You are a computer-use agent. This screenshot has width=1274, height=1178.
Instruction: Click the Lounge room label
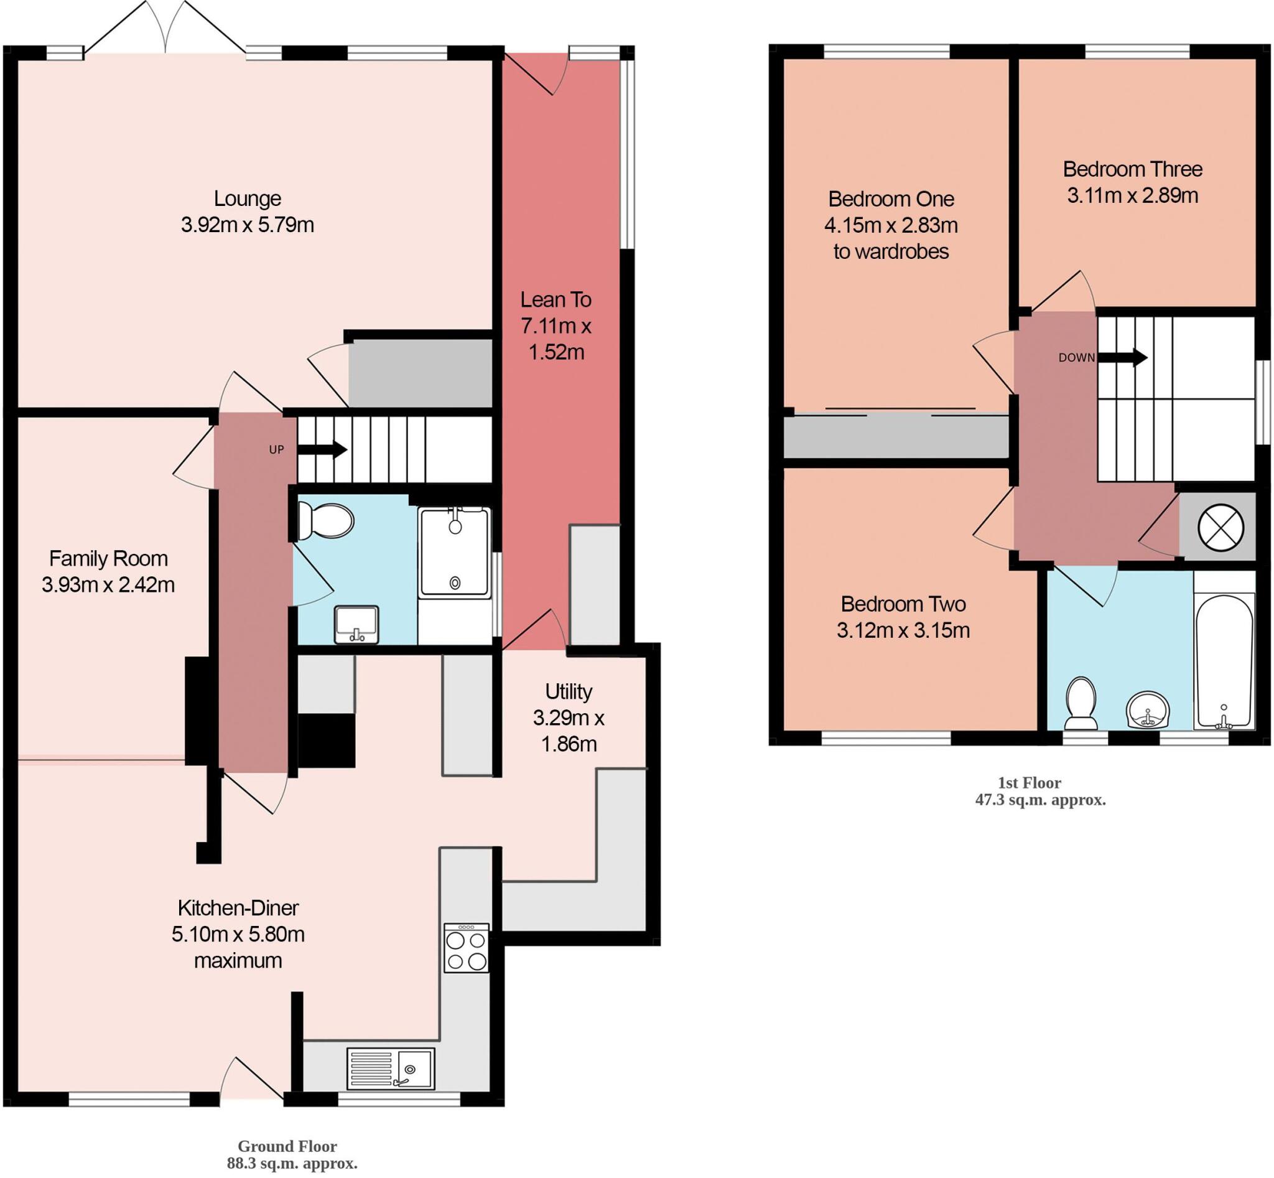coord(248,199)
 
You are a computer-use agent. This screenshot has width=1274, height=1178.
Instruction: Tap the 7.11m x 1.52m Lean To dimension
coord(556,339)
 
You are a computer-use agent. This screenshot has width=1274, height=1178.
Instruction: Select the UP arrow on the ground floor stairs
coord(322,450)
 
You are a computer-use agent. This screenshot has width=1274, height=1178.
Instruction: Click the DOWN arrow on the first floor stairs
coord(1132,358)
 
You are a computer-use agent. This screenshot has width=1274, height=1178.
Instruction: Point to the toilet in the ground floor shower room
coord(326,521)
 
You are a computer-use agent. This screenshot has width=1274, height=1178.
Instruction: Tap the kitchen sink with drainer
coord(391,1068)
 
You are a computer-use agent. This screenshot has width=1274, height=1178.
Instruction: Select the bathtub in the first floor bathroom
coord(1224,661)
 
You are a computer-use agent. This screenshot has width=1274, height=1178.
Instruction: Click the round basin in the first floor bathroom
coord(1148,711)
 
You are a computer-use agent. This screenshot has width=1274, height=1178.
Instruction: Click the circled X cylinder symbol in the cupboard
coord(1221,526)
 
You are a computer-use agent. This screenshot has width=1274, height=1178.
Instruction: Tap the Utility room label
coord(569,691)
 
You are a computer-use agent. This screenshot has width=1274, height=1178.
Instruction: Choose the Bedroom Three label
coord(1133,169)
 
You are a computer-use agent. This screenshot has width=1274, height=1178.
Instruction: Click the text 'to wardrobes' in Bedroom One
coord(891,252)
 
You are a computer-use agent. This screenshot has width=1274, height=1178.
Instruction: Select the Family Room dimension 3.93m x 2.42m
coord(108,584)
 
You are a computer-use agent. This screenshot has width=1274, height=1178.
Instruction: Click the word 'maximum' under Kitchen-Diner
coord(238,960)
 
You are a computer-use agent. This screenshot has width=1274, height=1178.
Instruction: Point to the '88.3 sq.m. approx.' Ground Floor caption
coord(292,1163)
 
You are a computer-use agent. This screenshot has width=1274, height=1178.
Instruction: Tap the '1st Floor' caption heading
coord(1030,783)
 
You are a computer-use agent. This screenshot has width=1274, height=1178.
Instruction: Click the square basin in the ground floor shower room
coord(356,624)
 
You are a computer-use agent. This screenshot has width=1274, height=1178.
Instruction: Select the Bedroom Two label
coord(903,604)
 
